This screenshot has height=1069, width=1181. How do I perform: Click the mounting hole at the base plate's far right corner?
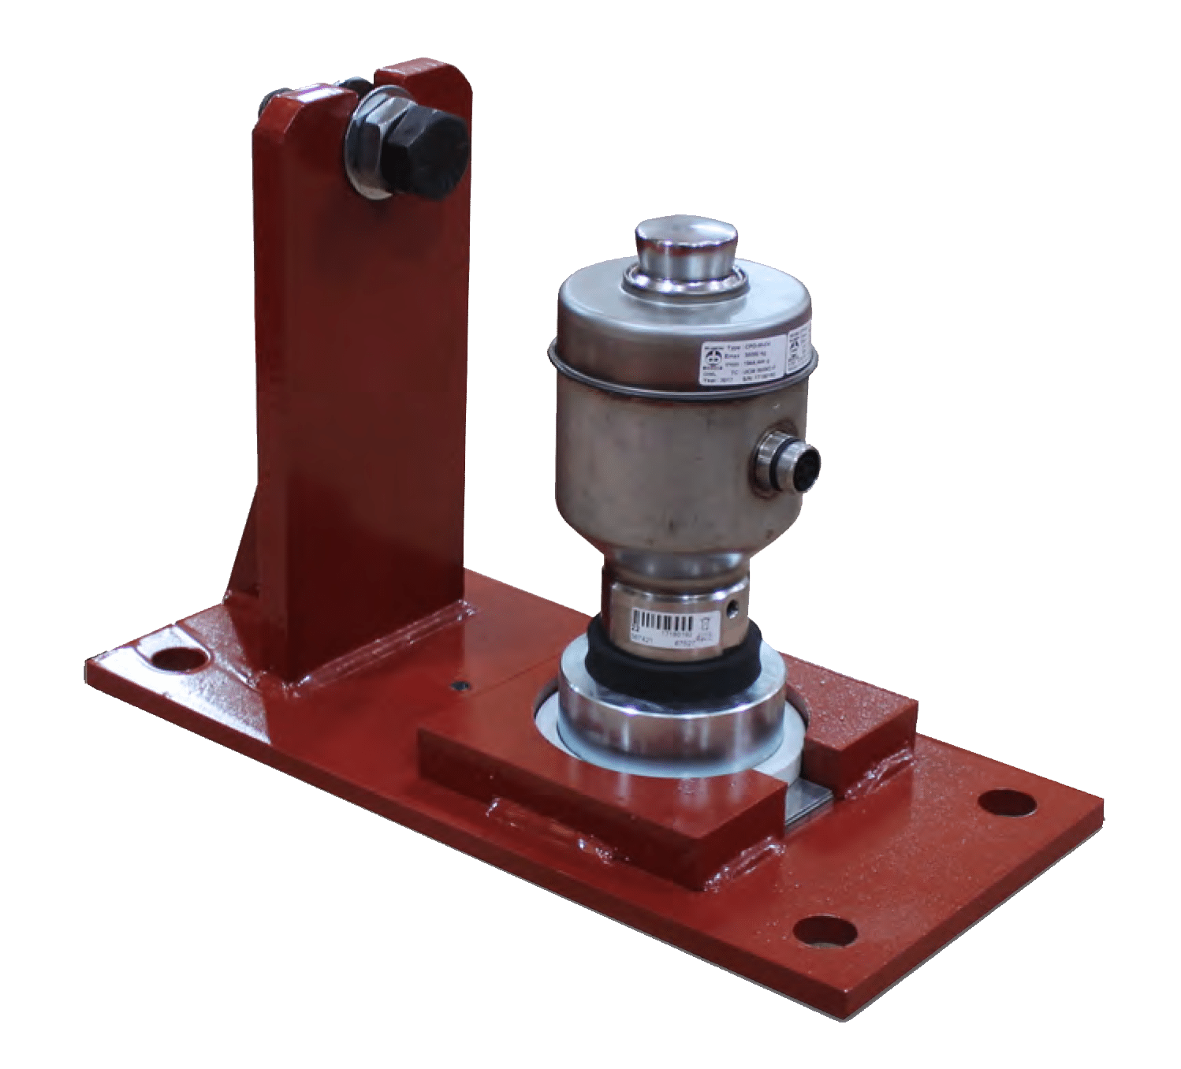point(1006,802)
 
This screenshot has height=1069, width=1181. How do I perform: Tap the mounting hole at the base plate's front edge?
point(825,930)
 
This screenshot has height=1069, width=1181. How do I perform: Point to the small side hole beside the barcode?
point(734,608)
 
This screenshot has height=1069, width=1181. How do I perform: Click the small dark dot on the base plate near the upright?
point(456,686)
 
